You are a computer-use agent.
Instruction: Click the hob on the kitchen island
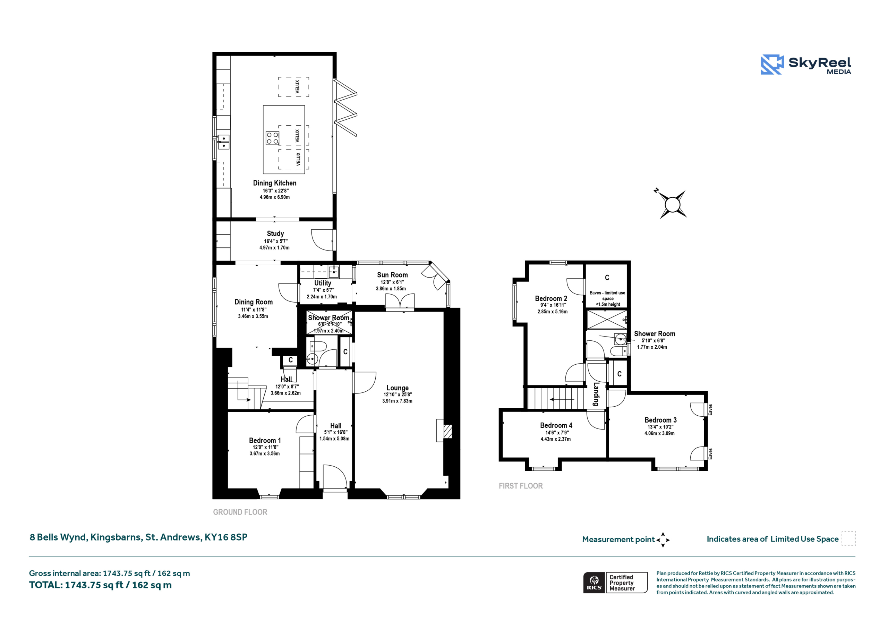click(x=272, y=138)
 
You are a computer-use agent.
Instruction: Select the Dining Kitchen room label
click(x=275, y=183)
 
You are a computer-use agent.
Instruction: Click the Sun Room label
click(x=392, y=275)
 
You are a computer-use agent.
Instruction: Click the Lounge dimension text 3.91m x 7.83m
click(x=397, y=401)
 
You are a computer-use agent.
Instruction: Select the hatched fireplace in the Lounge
click(x=447, y=431)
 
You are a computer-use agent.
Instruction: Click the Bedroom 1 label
click(x=265, y=440)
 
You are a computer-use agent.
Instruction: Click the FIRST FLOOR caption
click(x=521, y=486)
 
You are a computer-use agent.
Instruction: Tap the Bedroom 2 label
click(x=551, y=298)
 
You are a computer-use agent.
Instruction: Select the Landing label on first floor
click(x=596, y=394)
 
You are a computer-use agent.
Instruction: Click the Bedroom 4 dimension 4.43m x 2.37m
click(x=555, y=439)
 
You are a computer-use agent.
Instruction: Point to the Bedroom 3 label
click(x=660, y=420)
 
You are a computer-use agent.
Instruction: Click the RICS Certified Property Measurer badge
click(x=615, y=582)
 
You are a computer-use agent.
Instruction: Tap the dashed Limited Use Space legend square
click(x=848, y=538)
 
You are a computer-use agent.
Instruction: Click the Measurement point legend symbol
click(x=663, y=540)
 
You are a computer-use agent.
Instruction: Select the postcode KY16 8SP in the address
click(x=226, y=537)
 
